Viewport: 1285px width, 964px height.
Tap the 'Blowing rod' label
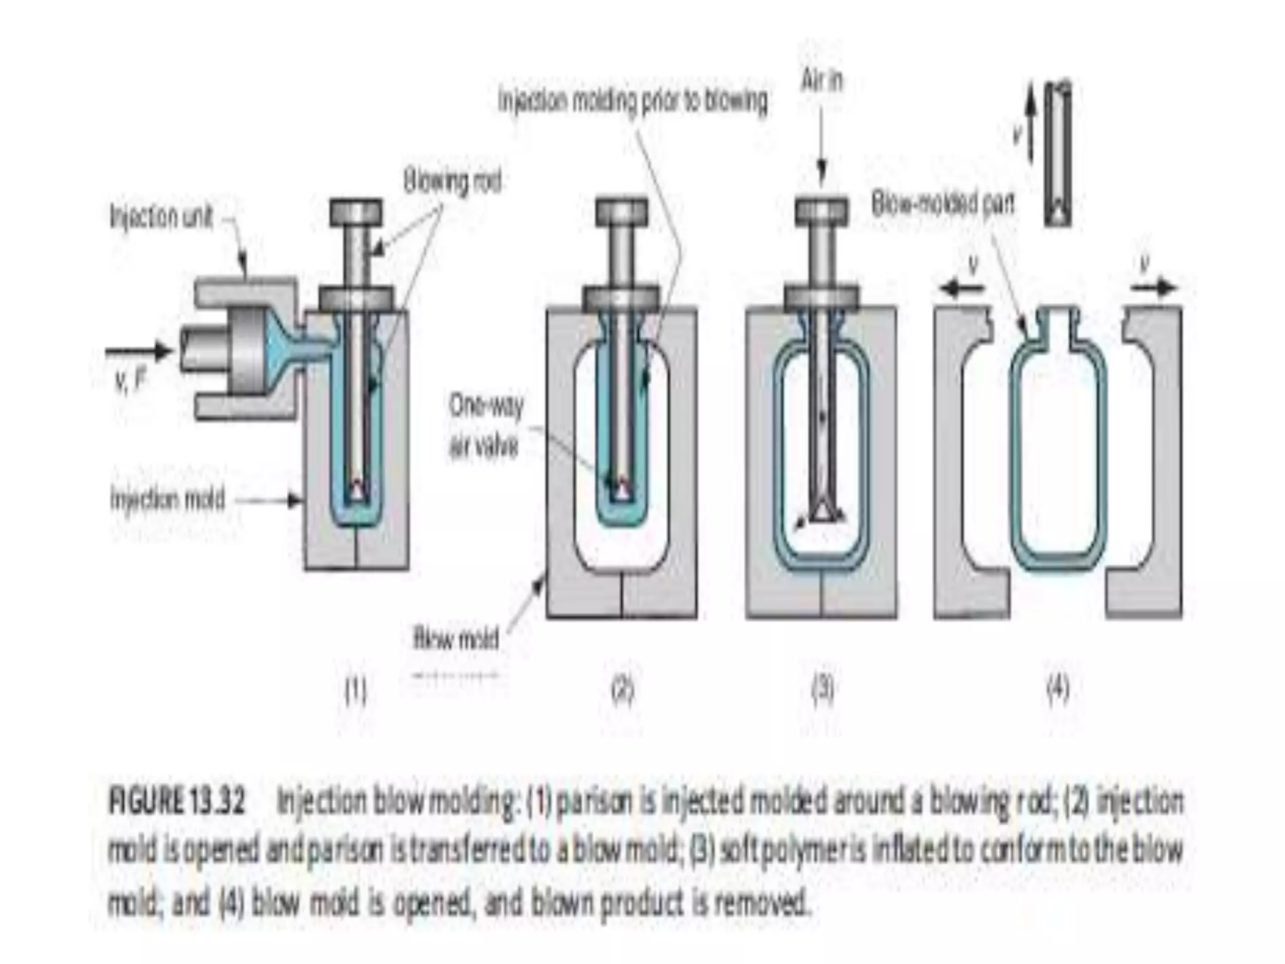(x=452, y=183)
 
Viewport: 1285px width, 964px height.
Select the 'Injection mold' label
(x=168, y=500)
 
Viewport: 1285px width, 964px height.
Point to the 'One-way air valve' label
(x=485, y=427)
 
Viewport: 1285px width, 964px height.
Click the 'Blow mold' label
(x=456, y=639)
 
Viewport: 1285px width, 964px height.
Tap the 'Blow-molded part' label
(x=943, y=203)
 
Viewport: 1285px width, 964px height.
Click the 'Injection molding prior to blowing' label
(x=632, y=101)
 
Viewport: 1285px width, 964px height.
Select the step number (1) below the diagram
(x=356, y=690)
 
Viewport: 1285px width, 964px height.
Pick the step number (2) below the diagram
(x=622, y=690)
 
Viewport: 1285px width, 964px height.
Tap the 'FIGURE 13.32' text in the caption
(x=176, y=803)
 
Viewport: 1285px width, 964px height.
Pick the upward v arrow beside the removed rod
(x=1030, y=126)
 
